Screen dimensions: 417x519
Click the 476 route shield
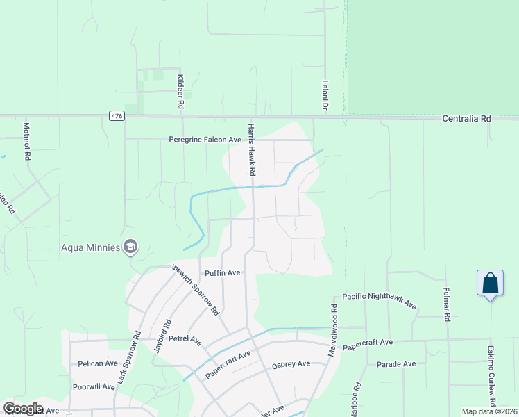click(117, 117)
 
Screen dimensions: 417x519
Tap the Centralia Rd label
click(466, 119)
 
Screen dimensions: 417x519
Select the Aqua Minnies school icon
click(130, 247)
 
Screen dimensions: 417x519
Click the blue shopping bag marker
click(490, 283)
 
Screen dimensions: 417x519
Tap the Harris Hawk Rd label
click(253, 149)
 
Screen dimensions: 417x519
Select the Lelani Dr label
click(324, 96)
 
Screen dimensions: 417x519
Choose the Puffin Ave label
click(221, 273)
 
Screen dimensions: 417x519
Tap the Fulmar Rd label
click(446, 306)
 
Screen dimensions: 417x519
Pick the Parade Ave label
click(395, 363)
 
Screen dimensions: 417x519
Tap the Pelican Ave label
click(98, 363)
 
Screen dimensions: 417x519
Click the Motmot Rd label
click(26, 142)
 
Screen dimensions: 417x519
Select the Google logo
click(23, 409)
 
